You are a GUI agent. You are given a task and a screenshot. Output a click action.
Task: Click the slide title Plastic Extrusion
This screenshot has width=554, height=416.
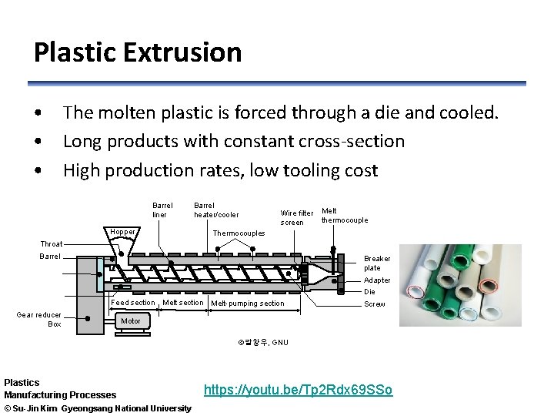point(137,52)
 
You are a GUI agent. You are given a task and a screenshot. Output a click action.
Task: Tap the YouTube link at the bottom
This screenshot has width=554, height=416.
point(298,390)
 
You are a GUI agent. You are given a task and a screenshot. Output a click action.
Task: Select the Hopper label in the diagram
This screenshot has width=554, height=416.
point(122,232)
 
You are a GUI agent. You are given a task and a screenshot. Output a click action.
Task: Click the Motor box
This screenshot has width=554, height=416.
point(131,321)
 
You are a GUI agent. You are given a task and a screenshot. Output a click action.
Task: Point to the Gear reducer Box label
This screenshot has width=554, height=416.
point(39,319)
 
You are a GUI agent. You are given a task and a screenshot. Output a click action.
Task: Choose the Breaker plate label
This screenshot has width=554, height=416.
point(377,263)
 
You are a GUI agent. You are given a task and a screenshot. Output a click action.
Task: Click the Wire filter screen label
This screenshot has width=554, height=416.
point(296,217)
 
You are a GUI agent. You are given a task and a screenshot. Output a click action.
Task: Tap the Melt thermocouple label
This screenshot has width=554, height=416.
point(344,215)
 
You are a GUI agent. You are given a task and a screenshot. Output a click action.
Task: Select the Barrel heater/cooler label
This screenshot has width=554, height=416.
point(215,210)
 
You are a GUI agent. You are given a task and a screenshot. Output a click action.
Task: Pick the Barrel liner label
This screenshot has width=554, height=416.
point(162,210)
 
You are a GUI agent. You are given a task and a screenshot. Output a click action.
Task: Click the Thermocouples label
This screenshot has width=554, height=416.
point(239,233)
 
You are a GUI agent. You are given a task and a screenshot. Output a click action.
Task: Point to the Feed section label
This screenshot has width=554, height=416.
point(133,303)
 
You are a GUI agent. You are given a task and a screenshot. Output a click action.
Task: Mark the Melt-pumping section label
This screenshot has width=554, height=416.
point(247,304)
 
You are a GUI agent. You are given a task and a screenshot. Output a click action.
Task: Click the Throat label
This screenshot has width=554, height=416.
point(52,243)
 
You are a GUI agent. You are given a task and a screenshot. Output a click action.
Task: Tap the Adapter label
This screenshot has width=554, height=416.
point(377,280)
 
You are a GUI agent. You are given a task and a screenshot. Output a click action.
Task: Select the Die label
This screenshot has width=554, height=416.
point(370,292)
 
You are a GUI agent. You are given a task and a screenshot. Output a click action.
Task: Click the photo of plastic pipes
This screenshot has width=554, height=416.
point(460,285)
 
